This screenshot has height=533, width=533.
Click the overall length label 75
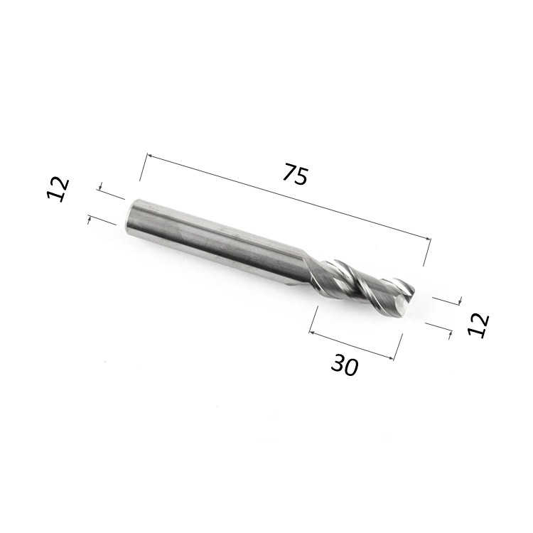point(296,175)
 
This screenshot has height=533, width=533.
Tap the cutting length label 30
point(345,365)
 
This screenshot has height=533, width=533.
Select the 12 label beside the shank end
point(58,190)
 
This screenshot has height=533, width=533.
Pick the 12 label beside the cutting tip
point(478,325)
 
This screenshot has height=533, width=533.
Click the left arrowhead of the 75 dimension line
point(149,156)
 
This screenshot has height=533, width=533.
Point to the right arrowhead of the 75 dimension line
point(428,238)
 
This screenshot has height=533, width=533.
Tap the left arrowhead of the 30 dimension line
point(312,332)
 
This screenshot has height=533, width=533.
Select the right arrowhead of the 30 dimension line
point(391,357)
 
